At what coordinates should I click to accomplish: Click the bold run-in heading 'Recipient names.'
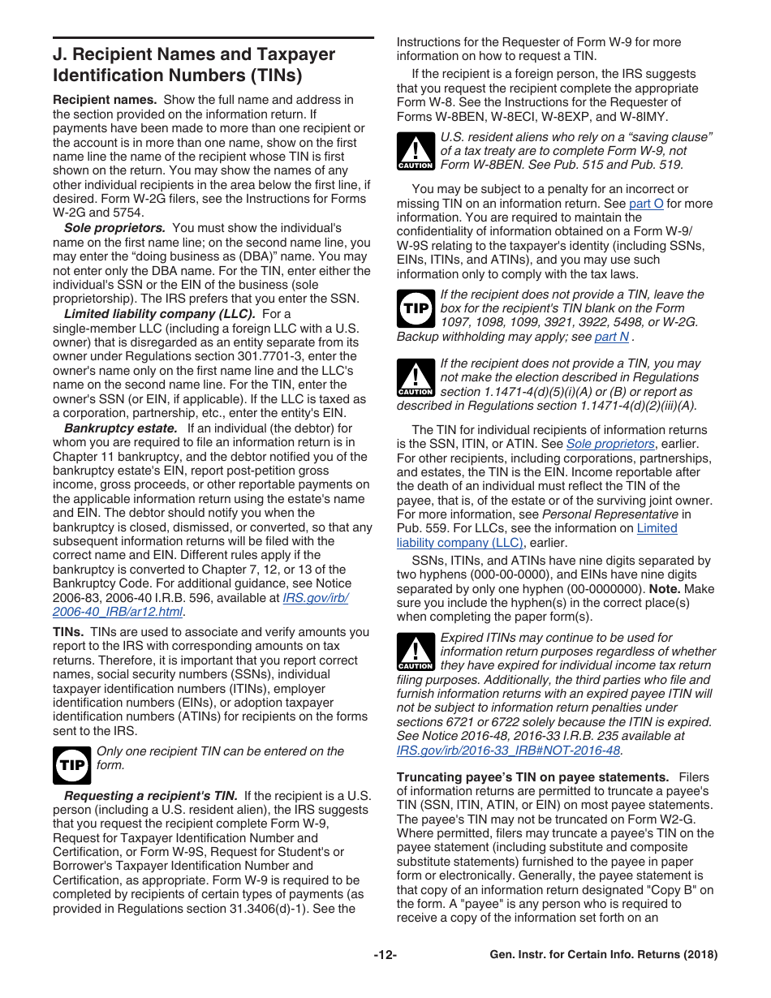[105, 100]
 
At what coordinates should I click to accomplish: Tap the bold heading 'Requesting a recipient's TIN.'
[150, 795]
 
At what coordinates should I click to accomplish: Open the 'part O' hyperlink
[646, 204]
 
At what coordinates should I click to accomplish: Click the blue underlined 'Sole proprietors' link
[609, 444]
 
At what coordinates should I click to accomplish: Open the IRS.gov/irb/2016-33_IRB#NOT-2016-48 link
[508, 751]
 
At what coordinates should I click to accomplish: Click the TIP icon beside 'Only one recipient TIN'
[71, 765]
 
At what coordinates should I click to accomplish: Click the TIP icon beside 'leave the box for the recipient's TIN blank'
[416, 308]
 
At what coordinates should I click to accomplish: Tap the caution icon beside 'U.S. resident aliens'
[416, 152]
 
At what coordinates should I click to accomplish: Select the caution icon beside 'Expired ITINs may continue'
[416, 652]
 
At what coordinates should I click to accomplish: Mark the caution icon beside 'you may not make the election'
[416, 378]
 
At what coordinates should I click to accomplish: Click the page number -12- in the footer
[385, 955]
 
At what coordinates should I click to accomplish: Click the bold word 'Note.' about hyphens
[665, 588]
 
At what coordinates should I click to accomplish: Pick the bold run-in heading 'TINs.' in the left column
[68, 632]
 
